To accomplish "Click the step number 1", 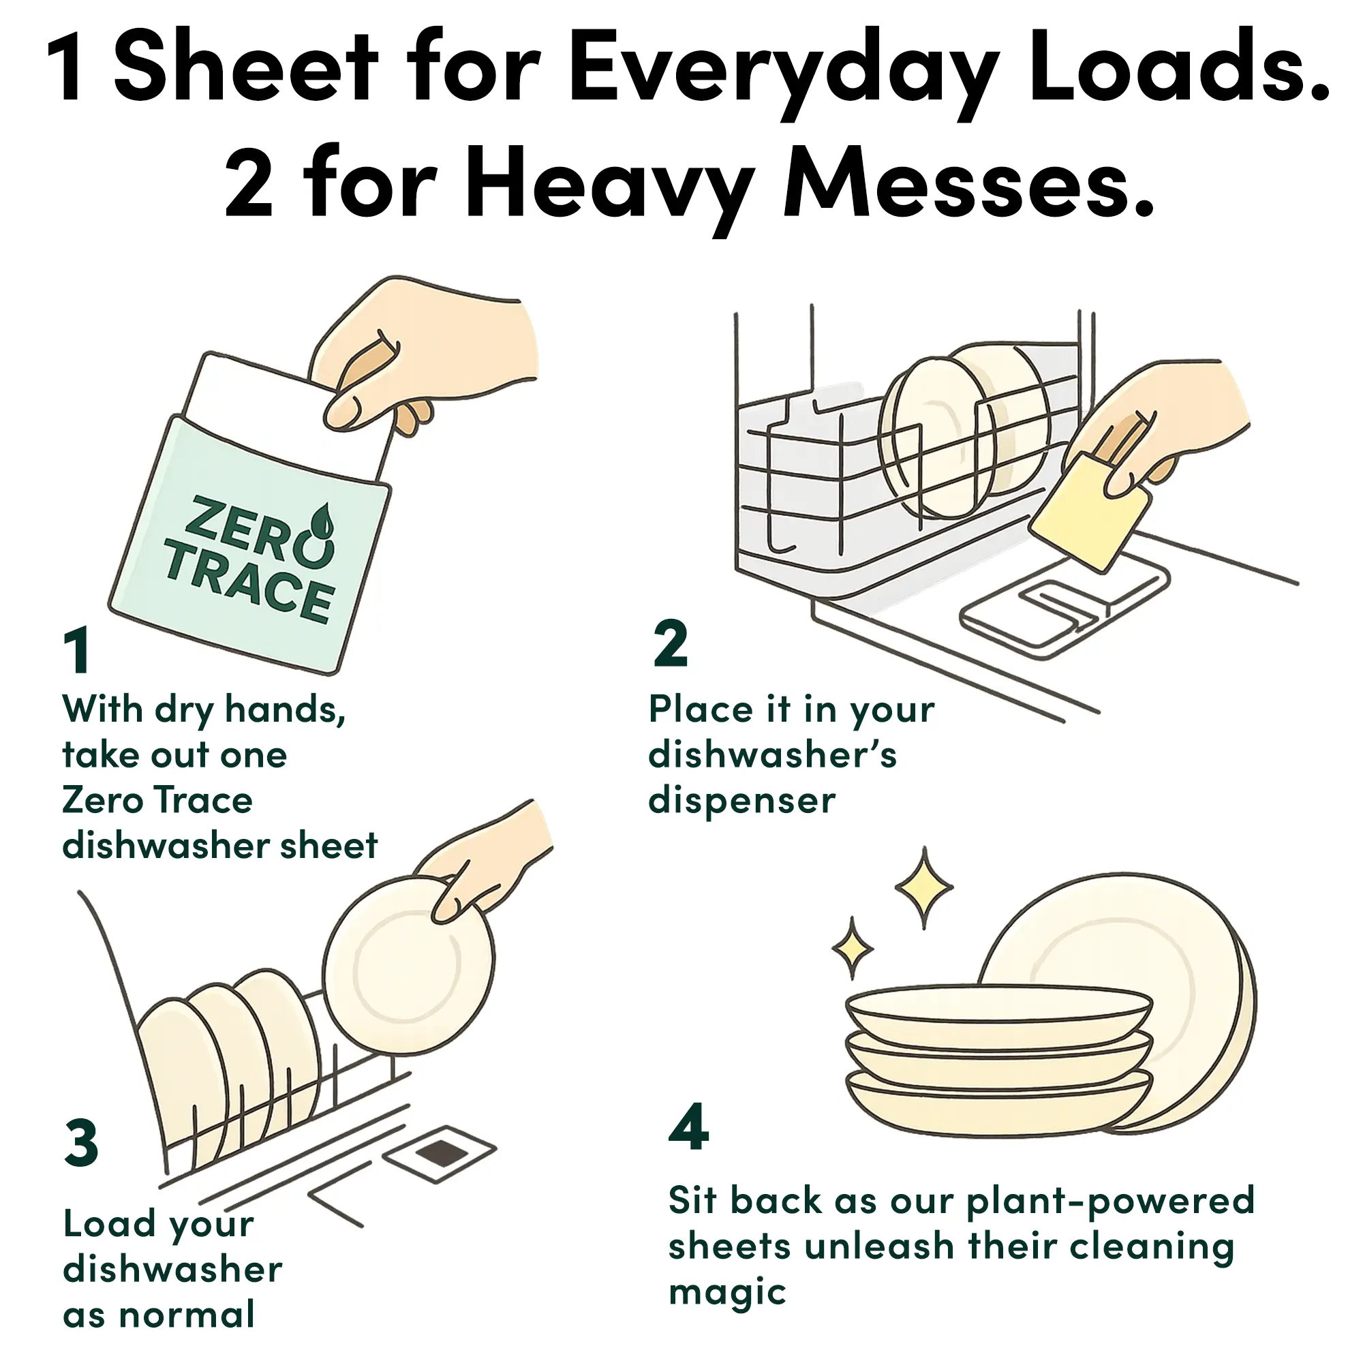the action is point(77,649).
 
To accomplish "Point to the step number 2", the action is point(670,643).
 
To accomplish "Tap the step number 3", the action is point(81,1142).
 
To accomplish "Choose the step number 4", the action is point(688,1126).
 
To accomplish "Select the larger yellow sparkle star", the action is point(923,887).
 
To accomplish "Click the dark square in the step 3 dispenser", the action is point(442,1154).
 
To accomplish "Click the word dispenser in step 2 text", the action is point(741,801).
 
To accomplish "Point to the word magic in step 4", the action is point(726,1292).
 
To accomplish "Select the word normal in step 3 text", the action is point(186,1316).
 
